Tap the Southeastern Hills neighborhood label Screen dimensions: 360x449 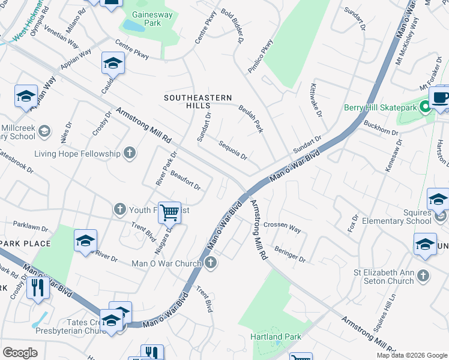coord(198,101)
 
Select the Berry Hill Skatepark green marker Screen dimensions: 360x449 coord(425,107)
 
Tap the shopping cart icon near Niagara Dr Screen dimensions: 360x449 coord(170,211)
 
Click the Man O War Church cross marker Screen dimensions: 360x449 coord(210,263)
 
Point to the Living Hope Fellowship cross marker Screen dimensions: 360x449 coord(129,154)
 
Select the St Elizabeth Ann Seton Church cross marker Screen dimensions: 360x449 coord(423,275)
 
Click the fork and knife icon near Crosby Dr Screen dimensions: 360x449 coord(38,287)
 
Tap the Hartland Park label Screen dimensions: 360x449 coord(276,337)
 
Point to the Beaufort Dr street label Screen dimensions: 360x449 coord(185,180)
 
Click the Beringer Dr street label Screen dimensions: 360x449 coord(289,255)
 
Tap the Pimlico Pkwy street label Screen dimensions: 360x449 coord(260,56)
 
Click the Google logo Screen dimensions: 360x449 coord(20,352)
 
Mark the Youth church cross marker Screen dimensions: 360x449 coord(119,209)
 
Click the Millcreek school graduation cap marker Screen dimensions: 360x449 coord(44,131)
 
